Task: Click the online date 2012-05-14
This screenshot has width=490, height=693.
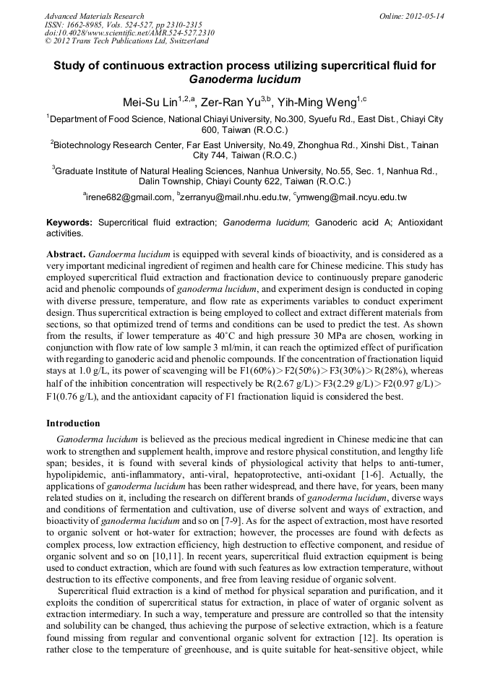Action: coord(425,16)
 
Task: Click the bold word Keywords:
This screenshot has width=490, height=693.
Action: coord(69,223)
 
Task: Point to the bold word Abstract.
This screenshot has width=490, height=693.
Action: coord(66,255)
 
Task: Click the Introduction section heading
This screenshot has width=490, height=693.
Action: coord(73,423)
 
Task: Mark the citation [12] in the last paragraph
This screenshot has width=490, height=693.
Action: coord(369,640)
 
